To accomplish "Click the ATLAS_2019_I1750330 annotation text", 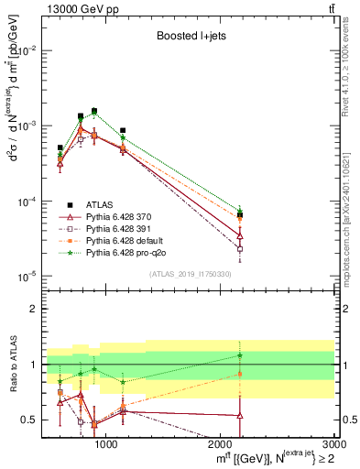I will tap(189, 274).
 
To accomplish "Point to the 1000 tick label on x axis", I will tap(107, 444).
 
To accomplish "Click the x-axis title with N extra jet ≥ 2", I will tap(275, 458).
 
